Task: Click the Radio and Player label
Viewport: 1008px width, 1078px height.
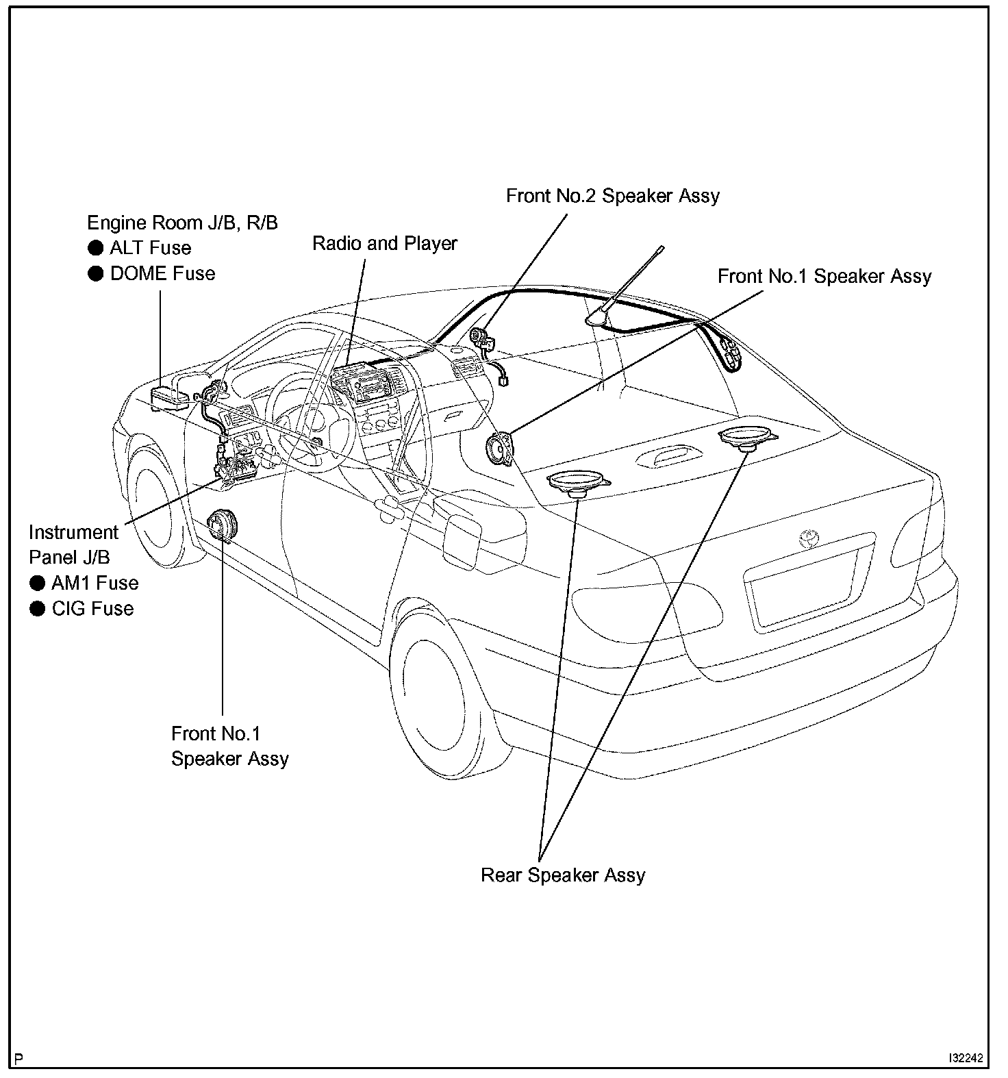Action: tap(385, 244)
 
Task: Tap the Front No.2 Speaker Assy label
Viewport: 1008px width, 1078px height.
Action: tap(613, 196)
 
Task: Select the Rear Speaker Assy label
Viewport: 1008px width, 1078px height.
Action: tap(563, 875)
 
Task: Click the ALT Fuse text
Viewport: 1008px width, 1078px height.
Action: tap(150, 248)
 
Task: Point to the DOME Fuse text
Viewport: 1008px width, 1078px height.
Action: tap(163, 273)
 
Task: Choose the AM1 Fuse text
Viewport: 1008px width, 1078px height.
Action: tap(95, 583)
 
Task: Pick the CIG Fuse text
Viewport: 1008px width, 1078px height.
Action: tap(92, 608)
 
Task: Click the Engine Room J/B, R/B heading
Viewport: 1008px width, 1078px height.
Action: tap(182, 223)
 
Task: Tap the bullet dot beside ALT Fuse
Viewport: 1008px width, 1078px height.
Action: tap(96, 248)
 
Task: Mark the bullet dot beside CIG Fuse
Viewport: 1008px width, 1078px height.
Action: tap(38, 609)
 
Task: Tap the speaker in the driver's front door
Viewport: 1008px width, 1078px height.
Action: tap(222, 526)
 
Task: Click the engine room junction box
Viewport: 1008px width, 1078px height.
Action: tap(168, 396)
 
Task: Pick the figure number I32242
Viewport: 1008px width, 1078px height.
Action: tap(966, 1058)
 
